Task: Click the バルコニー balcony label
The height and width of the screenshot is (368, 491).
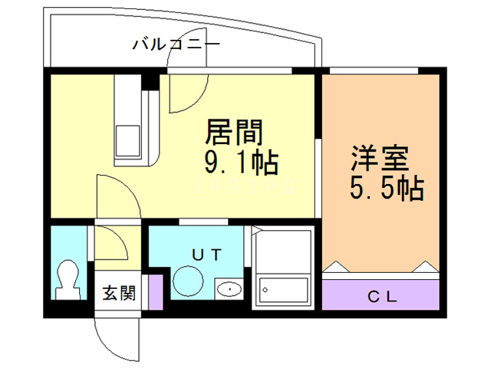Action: point(176,44)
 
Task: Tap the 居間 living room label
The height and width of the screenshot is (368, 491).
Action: point(234,133)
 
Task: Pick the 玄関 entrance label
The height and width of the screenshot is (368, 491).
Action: point(119,292)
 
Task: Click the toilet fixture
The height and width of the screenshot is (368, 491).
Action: point(68,281)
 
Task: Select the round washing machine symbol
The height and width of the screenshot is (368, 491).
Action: point(187,280)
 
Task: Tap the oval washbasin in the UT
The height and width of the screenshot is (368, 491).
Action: point(229,289)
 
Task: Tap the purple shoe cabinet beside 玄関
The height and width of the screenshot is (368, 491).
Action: point(157,291)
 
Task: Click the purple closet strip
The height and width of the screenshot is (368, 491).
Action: point(381,296)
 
